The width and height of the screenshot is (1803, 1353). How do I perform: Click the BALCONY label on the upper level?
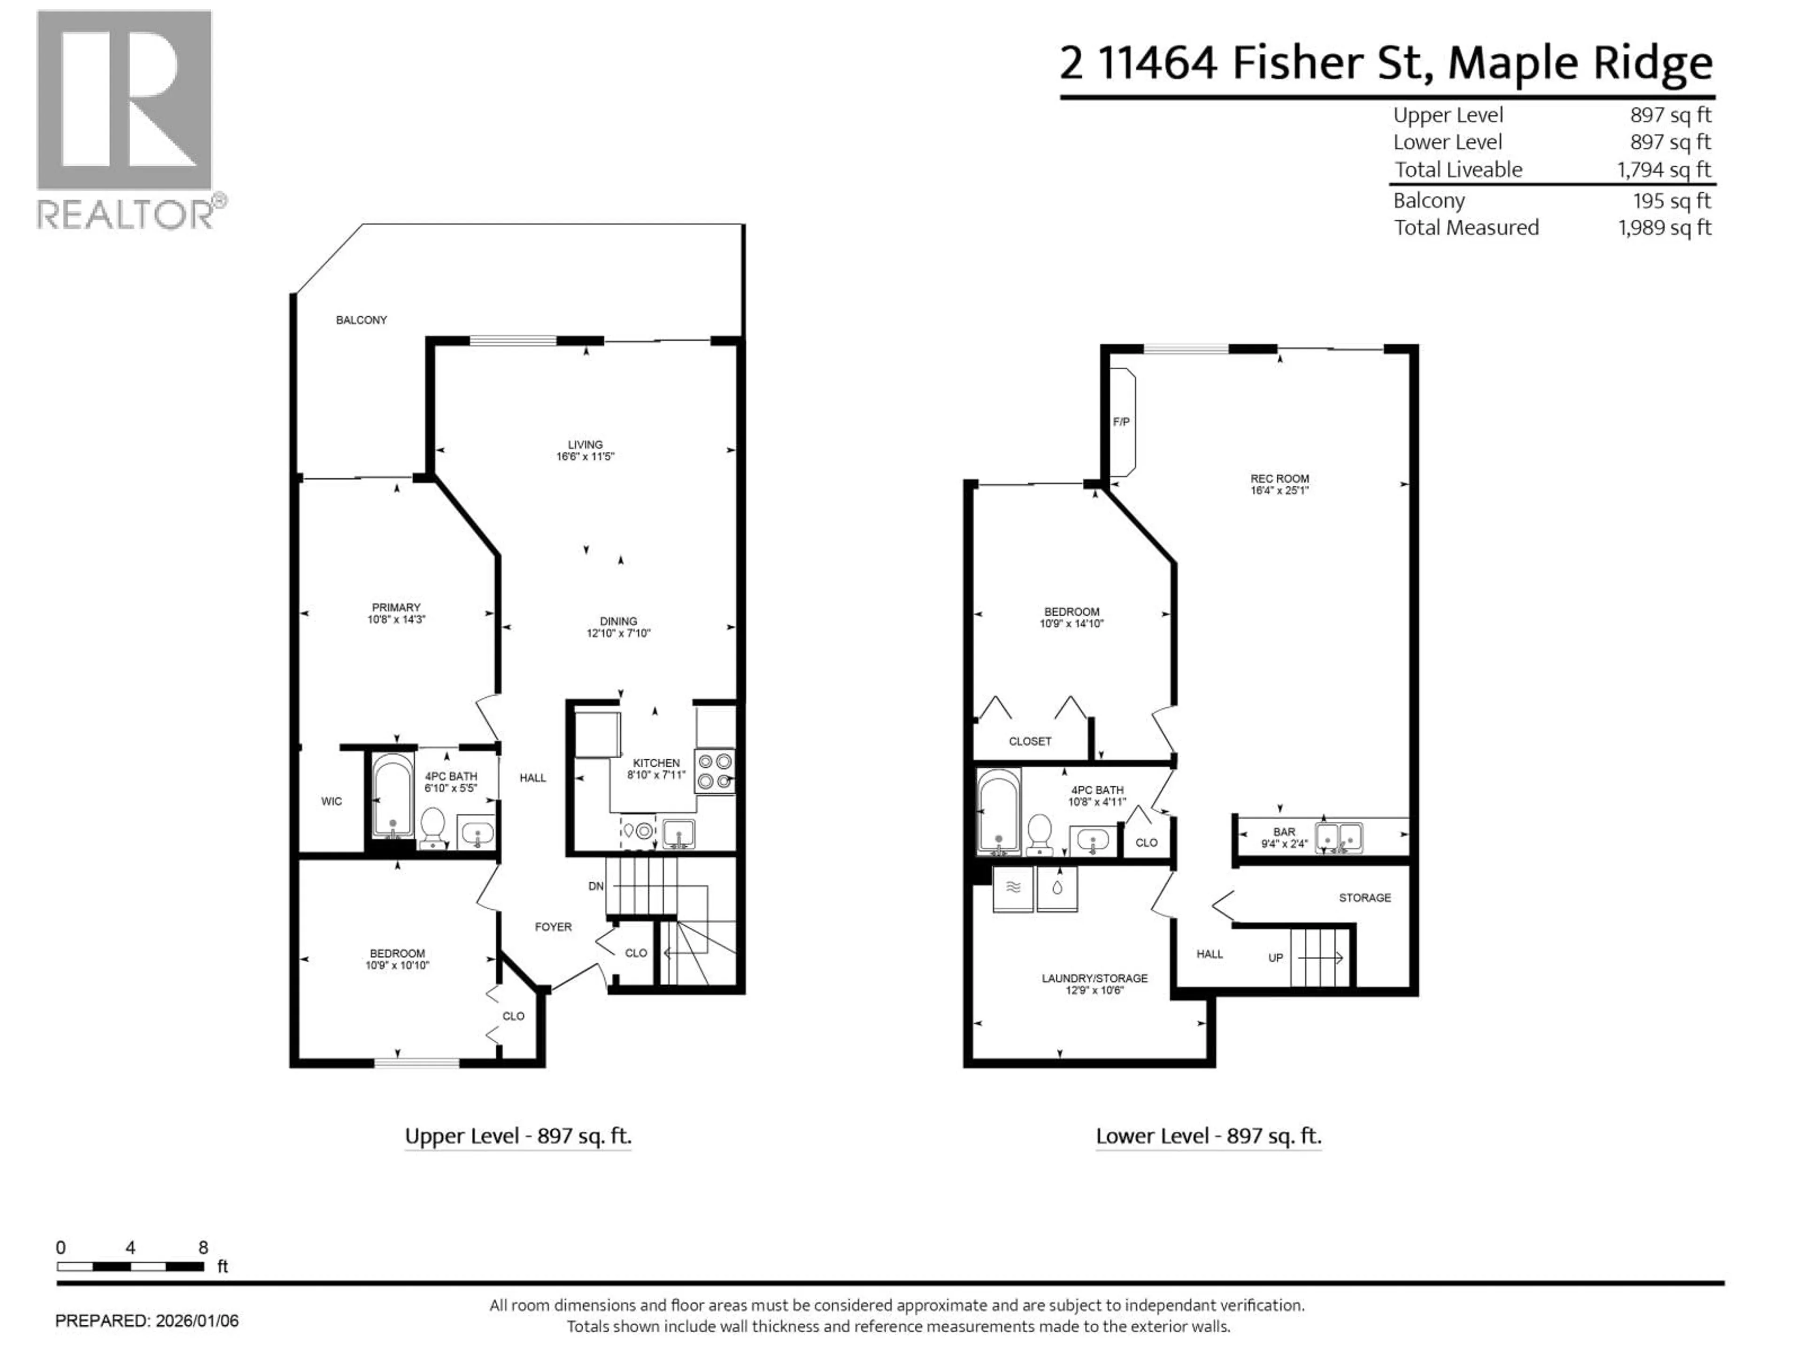tap(361, 320)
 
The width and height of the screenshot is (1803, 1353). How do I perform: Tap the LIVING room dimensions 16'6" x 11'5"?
tap(585, 457)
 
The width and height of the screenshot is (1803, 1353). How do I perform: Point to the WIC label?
tap(331, 801)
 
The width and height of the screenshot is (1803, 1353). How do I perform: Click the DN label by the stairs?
tap(596, 886)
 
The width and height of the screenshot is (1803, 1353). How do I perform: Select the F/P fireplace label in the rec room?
tap(1121, 422)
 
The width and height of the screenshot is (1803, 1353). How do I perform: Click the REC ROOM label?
tap(1279, 479)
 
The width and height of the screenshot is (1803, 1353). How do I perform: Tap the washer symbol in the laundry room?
tap(1012, 888)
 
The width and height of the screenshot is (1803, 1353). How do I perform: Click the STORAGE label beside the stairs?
tap(1364, 897)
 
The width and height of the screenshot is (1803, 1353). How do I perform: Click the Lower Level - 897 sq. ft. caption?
tap(1208, 1136)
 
